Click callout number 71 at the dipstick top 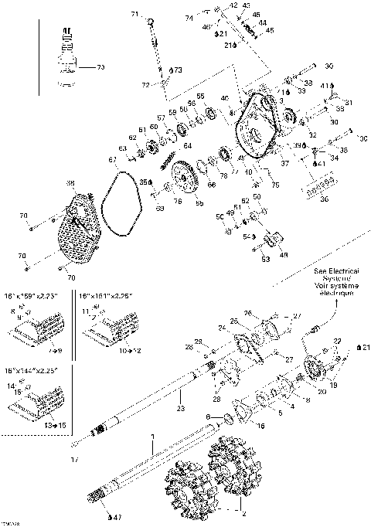[132, 15]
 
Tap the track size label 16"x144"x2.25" [36, 371]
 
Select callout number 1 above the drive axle [153, 437]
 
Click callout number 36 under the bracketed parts [324, 199]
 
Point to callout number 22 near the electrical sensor [337, 341]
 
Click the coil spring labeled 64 [167, 159]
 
